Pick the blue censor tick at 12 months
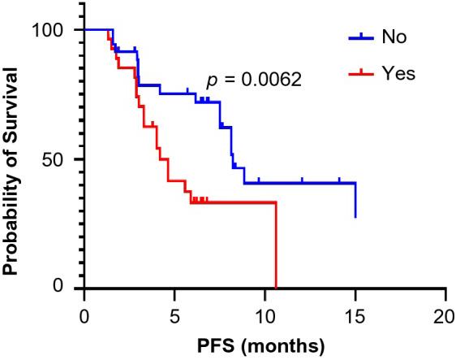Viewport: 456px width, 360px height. [x=302, y=182]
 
